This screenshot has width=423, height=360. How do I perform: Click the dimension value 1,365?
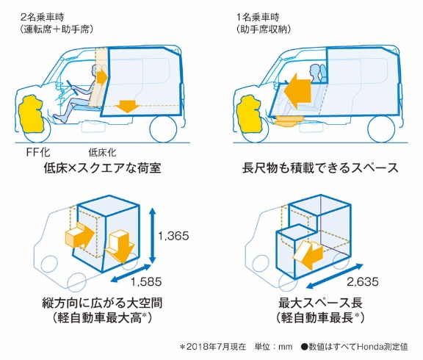coord(173,236)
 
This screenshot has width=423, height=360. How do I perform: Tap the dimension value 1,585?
coord(146,281)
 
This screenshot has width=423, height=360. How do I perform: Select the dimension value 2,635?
coord(363,281)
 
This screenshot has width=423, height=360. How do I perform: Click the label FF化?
coord(38,153)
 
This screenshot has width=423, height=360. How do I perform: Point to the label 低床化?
coord(103,153)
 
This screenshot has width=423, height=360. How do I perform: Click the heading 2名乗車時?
coord(43,18)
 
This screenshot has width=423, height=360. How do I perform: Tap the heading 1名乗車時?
coord(258,18)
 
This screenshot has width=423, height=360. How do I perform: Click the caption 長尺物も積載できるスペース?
coord(320,168)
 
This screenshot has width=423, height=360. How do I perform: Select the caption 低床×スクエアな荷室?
coord(102,168)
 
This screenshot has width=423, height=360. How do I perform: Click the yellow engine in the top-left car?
coord(31,113)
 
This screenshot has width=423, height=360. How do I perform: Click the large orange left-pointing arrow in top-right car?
coord(298,91)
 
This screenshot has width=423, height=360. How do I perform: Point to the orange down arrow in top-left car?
coord(128,107)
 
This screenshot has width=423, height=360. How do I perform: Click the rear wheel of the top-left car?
coord(164,129)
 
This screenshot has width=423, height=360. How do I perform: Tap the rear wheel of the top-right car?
coord(381,129)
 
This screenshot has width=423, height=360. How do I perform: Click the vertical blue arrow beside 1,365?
coord(153,236)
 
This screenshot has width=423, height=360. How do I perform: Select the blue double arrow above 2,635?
coord(335,276)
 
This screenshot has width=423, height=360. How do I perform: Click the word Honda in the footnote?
coord(369,347)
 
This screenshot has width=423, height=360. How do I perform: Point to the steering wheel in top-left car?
coord(73,87)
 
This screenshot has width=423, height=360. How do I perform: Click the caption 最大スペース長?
coord(320,303)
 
